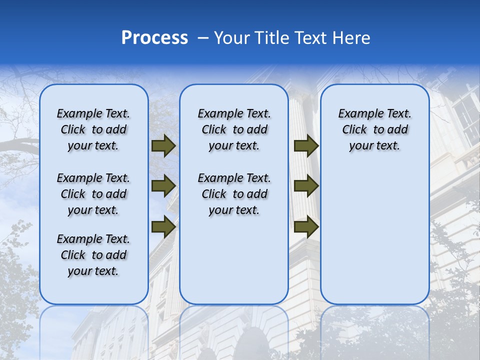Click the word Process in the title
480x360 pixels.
coord(154,38)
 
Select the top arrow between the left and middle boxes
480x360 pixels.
coord(163,146)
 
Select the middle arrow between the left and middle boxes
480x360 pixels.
coord(163,186)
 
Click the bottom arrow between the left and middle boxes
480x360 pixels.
coord(163,226)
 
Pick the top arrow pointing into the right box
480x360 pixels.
coord(306,146)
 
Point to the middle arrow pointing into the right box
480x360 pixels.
coord(306,186)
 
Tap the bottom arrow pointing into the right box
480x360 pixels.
coord(306,226)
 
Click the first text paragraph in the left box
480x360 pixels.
coord(93,129)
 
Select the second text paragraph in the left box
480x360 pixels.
coord(93,194)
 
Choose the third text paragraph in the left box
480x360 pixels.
coord(93,255)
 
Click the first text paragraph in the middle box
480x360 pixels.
coord(234,129)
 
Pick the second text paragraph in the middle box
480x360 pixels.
coord(234,194)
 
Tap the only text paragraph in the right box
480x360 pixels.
coord(374,129)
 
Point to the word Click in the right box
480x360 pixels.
coord(354,130)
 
